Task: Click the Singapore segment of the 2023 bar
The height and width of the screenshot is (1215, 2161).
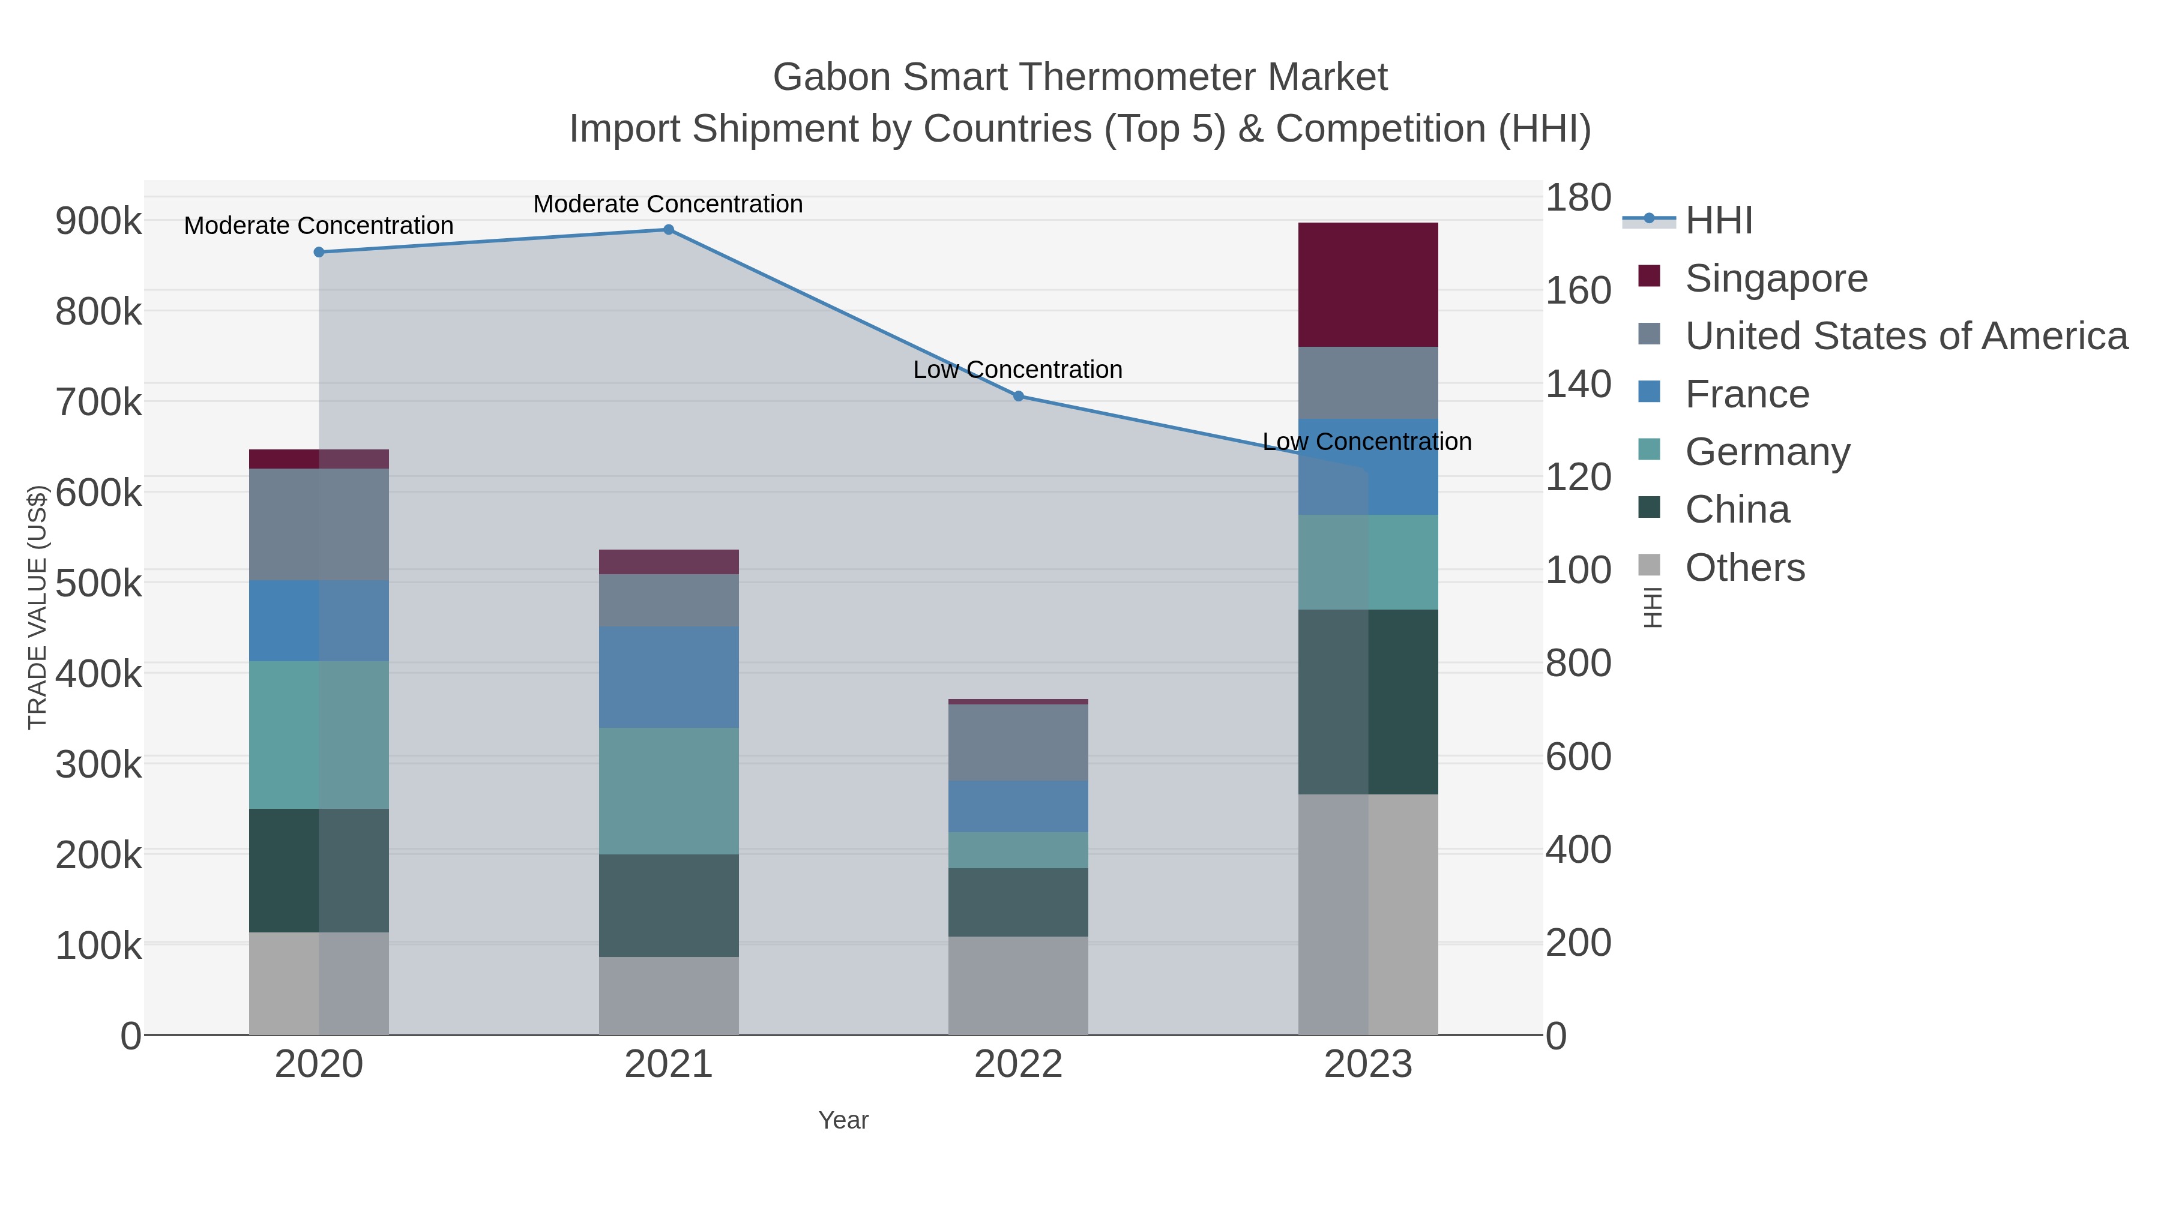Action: (x=1367, y=284)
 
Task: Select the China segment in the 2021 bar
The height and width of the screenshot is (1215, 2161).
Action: (x=669, y=905)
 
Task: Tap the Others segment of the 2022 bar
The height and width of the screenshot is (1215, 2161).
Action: (x=1017, y=985)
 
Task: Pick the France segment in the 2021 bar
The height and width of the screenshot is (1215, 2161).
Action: (x=669, y=677)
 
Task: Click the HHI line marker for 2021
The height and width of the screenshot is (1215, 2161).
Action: (x=669, y=230)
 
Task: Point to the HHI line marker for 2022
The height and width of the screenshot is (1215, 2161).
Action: (x=1019, y=396)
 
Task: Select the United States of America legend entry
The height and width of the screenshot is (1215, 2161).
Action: (x=1905, y=336)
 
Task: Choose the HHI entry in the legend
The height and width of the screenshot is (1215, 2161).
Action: (x=1718, y=221)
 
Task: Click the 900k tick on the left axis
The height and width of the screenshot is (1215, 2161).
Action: (x=98, y=221)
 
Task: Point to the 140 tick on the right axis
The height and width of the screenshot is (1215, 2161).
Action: (x=1578, y=384)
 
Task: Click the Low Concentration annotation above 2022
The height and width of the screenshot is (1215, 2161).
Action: (x=1017, y=370)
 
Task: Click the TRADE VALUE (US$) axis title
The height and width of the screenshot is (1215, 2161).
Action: (x=38, y=607)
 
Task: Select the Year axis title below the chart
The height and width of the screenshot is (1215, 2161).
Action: (x=843, y=1120)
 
